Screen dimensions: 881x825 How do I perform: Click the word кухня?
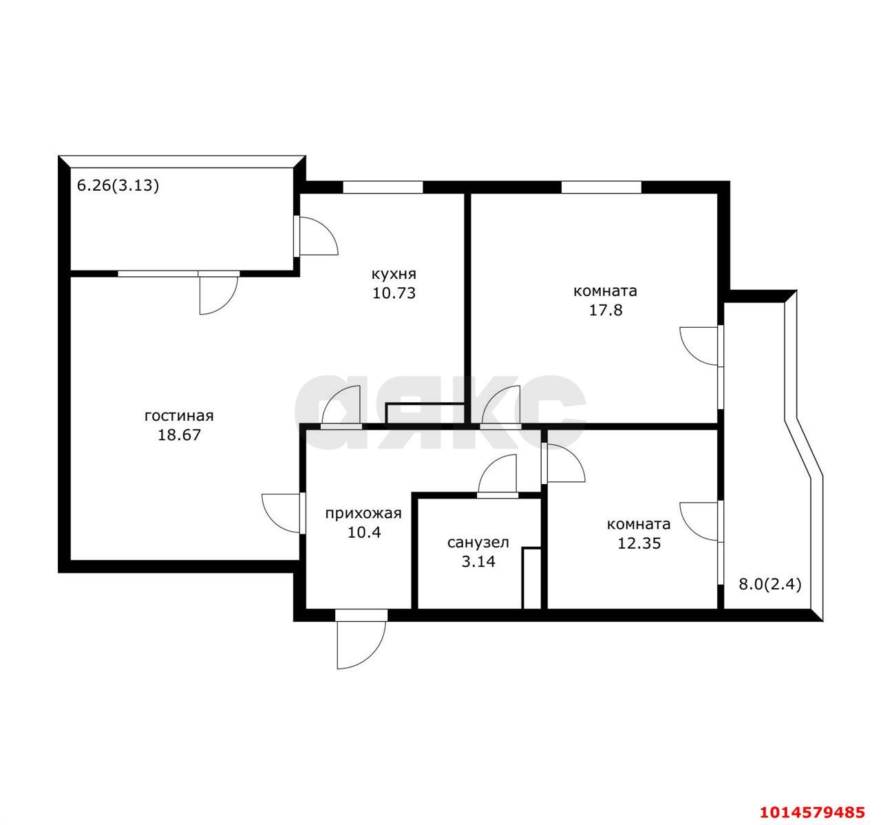394,275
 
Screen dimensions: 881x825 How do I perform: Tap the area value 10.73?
394,293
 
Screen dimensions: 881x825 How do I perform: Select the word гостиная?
179,416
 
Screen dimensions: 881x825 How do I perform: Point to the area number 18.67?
179,435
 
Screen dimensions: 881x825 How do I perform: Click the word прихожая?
363,514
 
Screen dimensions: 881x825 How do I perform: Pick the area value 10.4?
363,532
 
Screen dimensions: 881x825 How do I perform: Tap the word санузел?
478,543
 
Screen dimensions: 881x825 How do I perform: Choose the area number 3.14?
478,562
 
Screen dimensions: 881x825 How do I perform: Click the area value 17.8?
606,310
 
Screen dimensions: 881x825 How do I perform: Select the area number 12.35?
639,543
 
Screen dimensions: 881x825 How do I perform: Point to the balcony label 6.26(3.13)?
118,186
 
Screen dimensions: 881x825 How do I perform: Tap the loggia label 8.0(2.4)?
770,585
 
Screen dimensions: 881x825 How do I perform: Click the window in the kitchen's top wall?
383,187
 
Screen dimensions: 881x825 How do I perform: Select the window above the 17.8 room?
601,187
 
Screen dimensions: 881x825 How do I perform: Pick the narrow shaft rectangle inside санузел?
531,578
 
